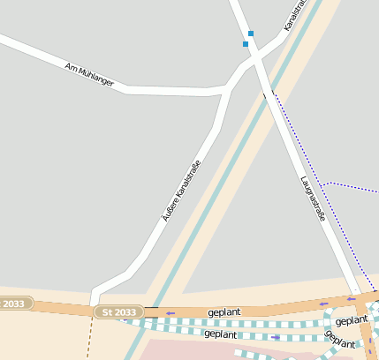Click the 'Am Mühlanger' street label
89,74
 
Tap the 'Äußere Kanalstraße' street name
180,190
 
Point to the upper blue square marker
251,34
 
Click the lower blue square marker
246,43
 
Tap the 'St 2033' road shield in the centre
118,312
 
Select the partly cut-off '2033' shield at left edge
13,304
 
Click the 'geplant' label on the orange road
224,312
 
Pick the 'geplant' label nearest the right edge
352,320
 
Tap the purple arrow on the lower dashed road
275,337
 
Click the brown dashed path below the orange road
89,340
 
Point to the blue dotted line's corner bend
328,184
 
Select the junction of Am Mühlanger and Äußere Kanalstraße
228,88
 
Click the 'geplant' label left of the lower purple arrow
220,334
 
